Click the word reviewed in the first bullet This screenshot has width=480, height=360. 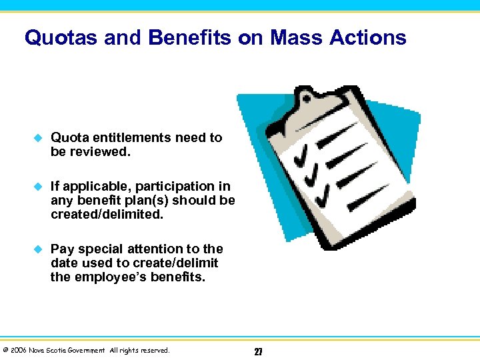100,151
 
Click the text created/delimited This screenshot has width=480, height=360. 106,215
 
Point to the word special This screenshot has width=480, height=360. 100,249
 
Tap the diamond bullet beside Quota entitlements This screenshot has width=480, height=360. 38,138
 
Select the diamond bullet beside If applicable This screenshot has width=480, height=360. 38,187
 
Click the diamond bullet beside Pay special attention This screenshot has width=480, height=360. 38,249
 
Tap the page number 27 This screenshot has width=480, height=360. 258,351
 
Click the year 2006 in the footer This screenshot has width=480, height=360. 19,350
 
